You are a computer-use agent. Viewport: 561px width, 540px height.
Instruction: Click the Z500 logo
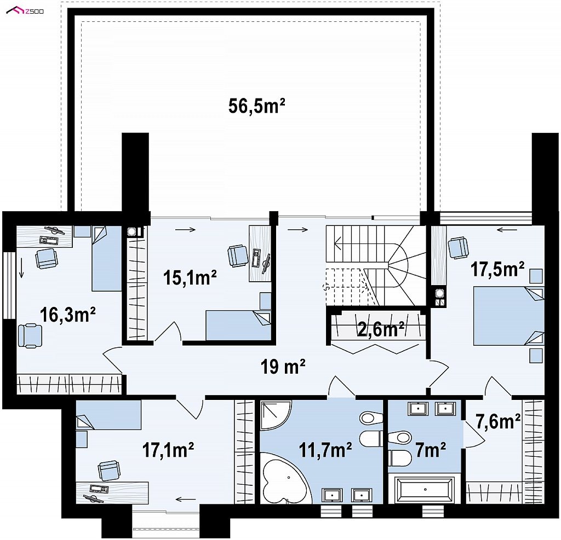25,11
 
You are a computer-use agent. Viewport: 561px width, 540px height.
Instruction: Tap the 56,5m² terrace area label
256,106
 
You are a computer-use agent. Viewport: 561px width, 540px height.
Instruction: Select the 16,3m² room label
67,315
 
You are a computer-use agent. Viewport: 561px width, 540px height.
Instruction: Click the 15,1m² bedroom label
190,277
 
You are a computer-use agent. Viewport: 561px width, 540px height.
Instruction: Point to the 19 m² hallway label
283,367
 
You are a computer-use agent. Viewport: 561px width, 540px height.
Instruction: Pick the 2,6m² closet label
381,329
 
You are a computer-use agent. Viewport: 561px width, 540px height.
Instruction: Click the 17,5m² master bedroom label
497,269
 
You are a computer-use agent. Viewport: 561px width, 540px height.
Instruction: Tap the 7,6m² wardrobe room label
497,422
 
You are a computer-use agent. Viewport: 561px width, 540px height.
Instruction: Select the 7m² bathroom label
431,450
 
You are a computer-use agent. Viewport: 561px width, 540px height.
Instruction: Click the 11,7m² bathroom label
325,450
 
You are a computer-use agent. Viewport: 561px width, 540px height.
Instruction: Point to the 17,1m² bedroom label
168,450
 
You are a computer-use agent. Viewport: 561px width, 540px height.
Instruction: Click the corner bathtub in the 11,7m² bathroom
284,478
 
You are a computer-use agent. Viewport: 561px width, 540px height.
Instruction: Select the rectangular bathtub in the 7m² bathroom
425,489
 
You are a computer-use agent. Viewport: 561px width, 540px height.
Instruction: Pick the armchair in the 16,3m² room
30,335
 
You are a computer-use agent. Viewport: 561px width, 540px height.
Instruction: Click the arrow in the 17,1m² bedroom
186,500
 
